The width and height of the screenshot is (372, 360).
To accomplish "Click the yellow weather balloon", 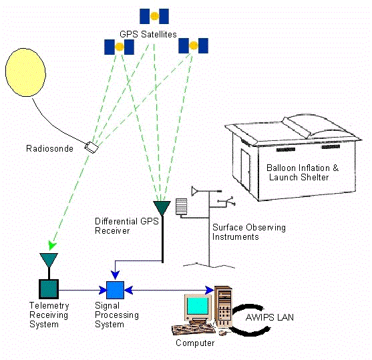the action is [25, 72].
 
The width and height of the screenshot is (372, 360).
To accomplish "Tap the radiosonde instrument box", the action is [91, 147].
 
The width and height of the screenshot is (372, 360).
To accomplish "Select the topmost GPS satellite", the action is [154, 17].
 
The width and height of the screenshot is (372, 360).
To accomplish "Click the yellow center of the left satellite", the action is [120, 47].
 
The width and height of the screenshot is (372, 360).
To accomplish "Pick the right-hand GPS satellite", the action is [194, 45].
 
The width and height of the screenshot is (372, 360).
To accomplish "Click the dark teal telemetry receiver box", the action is [49, 289].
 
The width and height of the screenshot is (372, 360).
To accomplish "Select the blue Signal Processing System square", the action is [115, 290].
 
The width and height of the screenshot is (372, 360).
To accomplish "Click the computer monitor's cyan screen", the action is [198, 306].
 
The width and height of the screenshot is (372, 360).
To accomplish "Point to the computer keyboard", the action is [194, 329].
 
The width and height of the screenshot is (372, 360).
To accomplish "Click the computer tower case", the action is [223, 306].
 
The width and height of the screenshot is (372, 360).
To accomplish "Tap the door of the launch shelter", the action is [246, 170].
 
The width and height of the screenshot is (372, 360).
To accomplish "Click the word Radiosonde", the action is [49, 148].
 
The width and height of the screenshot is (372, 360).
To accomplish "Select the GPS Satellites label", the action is [148, 34].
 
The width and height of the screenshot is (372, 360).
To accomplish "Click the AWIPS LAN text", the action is [270, 317].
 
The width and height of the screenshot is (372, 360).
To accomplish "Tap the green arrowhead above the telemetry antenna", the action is [51, 245].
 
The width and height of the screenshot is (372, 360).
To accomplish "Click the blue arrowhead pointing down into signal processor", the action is [115, 275].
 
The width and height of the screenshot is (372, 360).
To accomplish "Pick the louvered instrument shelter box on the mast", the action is [181, 206].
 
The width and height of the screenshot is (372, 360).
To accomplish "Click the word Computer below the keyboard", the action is [195, 343].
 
